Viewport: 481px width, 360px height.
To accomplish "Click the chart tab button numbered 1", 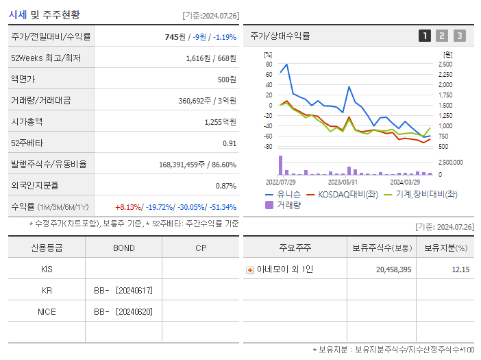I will (425, 36).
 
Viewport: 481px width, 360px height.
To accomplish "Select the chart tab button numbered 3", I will (459, 36).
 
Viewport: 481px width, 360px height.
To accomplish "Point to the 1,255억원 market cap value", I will (220, 121).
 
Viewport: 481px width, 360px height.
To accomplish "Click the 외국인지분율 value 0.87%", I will (225, 185).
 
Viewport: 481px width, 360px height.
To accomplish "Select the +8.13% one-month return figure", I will (127, 206).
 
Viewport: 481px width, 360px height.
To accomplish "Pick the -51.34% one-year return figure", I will (221, 206).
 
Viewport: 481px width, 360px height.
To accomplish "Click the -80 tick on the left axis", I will (268, 147).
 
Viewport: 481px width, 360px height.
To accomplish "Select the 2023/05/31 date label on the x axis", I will (343, 182).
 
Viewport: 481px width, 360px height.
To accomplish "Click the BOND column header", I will (123, 248).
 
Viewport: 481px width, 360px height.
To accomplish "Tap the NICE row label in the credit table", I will (47, 311).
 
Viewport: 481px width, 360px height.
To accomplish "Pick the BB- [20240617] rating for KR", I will (123, 290).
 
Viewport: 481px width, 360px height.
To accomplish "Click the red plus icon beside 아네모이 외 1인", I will (250, 269).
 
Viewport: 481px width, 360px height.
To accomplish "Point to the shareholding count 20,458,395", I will (393, 269).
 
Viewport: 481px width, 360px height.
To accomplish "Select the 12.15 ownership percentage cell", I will (460, 269).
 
